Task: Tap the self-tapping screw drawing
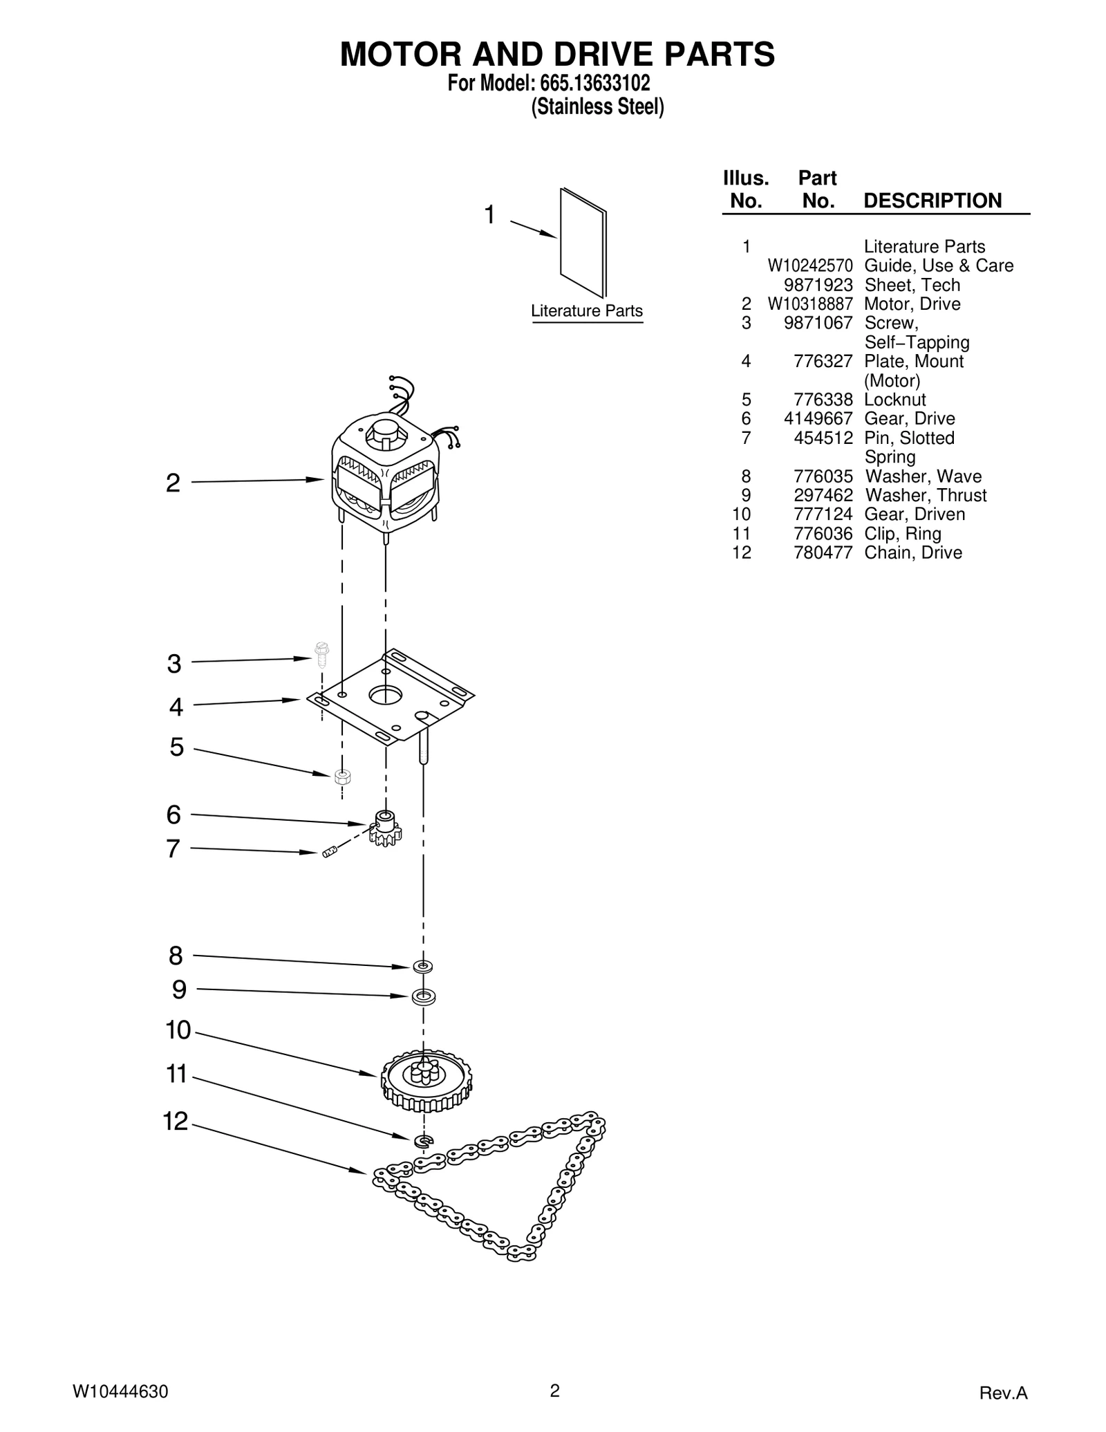point(321,654)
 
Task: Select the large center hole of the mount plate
point(385,694)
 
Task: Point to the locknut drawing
point(341,776)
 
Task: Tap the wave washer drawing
point(422,965)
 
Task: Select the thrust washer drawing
point(424,997)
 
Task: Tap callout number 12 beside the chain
point(176,1122)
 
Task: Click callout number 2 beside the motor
point(173,483)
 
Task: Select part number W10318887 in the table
point(809,304)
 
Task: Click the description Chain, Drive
point(912,553)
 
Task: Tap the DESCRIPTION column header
point(932,201)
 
